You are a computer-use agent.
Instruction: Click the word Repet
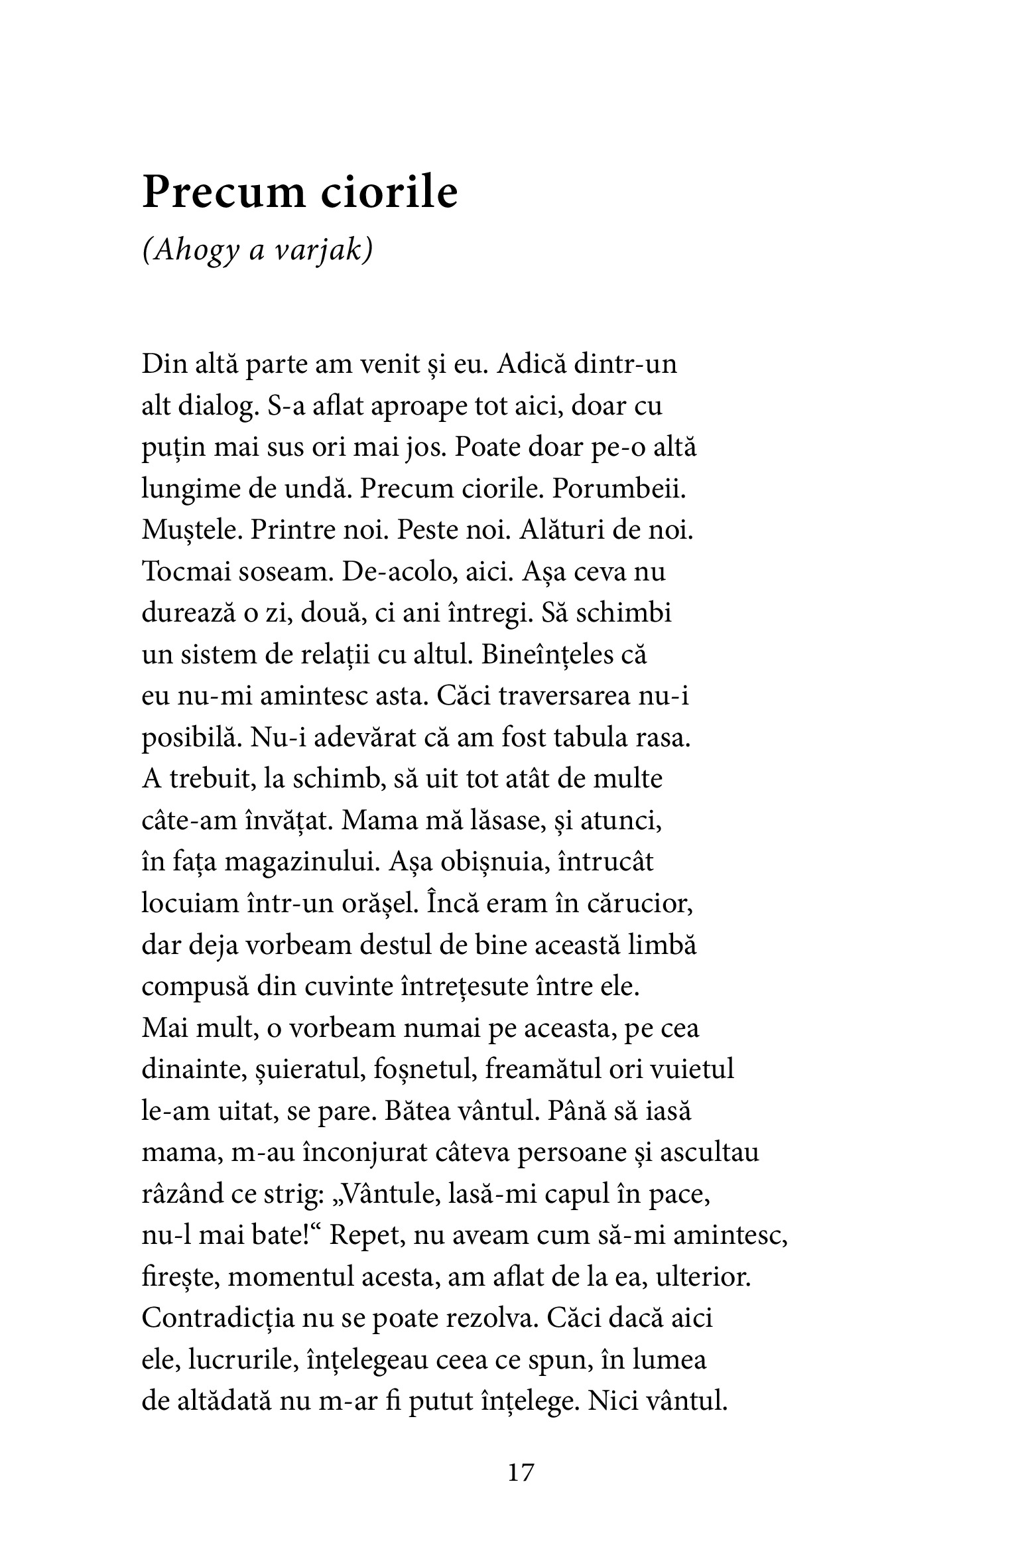click(361, 1236)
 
